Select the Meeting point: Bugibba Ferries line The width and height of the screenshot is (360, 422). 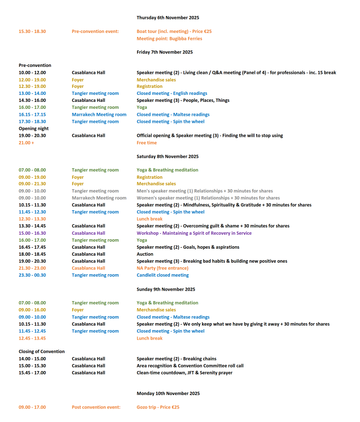pos(169,38)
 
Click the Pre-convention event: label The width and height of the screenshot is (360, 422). pos(95,31)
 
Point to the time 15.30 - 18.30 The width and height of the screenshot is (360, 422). pos(32,31)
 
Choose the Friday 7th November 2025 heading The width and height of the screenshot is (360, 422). pos(164,52)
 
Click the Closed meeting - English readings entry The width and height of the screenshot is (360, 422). pos(171,93)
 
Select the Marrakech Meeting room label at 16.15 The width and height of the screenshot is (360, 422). pos(99,114)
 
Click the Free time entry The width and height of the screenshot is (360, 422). pos(146,142)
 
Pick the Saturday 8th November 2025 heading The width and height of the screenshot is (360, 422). pos(167,156)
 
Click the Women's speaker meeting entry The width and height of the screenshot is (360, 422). pos(208,198)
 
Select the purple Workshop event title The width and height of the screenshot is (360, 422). pos(194,233)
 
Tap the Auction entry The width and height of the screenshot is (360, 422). pos(145,254)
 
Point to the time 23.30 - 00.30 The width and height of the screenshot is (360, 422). pos(32,275)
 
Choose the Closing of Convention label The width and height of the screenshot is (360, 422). pos(41,352)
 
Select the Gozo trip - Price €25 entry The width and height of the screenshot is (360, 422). pos(157,407)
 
